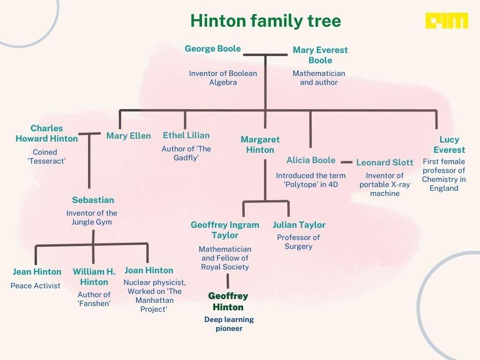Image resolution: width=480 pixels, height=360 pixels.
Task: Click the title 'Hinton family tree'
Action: click(265, 21)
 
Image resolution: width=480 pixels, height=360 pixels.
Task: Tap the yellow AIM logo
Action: click(446, 21)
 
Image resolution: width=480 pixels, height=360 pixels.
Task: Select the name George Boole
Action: click(213, 49)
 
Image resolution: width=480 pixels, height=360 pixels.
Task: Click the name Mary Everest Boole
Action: click(320, 55)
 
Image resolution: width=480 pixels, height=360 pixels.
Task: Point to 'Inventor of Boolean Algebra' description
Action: click(223, 78)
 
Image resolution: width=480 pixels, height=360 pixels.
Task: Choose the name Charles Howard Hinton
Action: click(46, 133)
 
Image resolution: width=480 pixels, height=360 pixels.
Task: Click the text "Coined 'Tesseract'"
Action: click(45, 157)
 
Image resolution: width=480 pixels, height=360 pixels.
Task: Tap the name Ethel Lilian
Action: click(186, 135)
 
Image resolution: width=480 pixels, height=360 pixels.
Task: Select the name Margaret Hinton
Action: click(260, 144)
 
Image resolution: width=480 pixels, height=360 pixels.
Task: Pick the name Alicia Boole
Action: click(311, 160)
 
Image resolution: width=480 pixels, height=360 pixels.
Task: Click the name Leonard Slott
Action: click(384, 163)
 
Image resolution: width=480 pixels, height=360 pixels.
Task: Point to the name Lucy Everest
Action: click(449, 144)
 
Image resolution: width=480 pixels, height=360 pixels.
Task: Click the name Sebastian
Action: click(93, 200)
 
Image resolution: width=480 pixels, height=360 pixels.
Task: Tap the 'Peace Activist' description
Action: click(36, 285)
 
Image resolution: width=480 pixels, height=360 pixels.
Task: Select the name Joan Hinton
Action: click(149, 270)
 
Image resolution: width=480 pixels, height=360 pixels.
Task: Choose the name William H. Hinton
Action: click(94, 277)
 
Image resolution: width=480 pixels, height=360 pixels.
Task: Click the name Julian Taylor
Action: click(299, 225)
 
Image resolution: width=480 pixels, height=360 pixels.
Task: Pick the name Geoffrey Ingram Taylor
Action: click(225, 230)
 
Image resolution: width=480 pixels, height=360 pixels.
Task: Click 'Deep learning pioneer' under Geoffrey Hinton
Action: click(229, 324)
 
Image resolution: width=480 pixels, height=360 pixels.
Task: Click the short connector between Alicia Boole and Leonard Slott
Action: click(346, 162)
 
